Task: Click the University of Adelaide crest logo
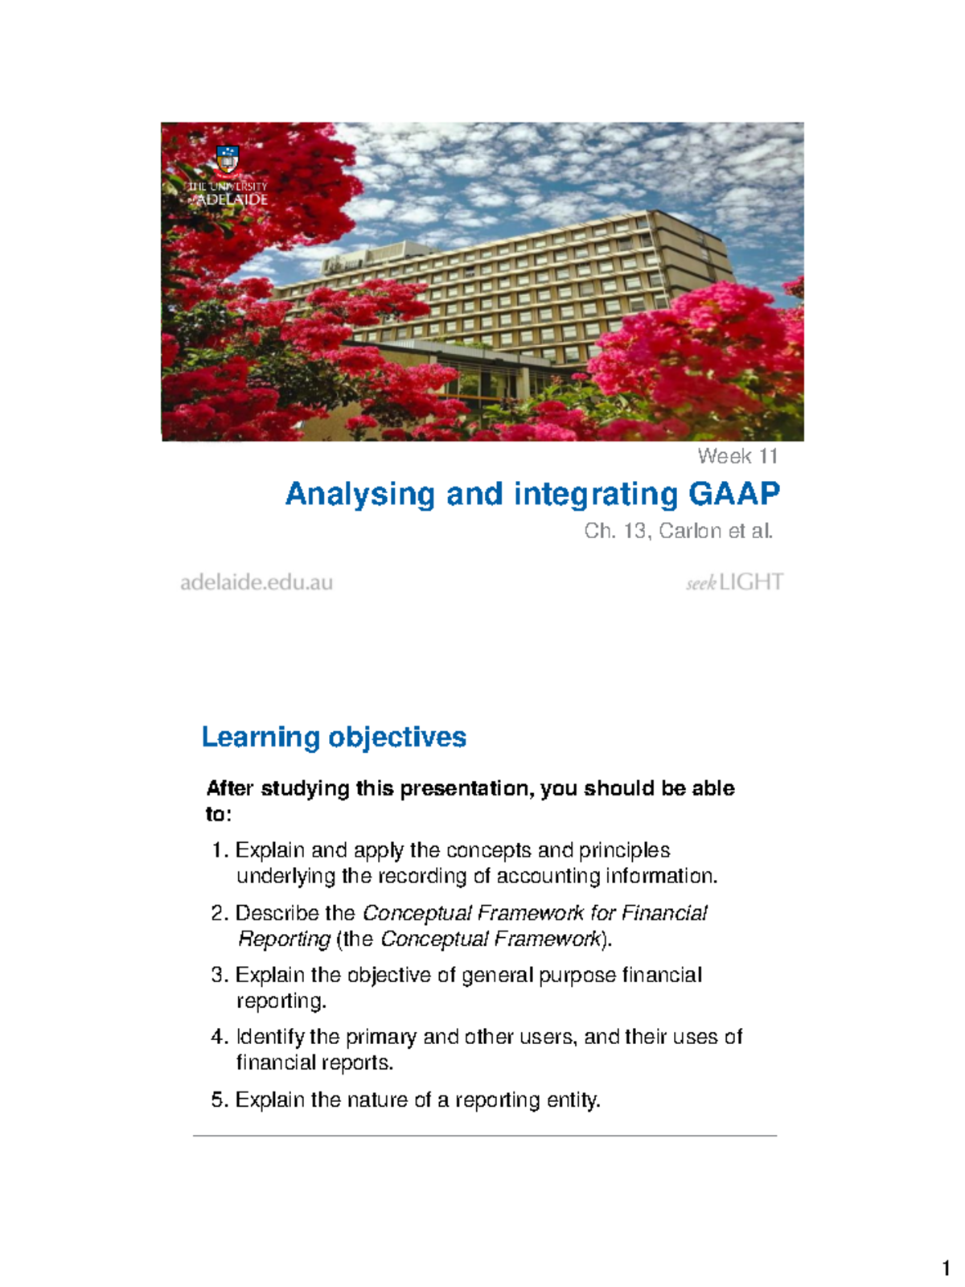click(x=228, y=159)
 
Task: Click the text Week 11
click(x=737, y=457)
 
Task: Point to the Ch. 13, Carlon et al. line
click(x=678, y=531)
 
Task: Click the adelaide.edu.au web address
click(x=257, y=582)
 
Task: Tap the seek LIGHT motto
click(x=733, y=582)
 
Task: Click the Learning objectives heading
click(x=334, y=737)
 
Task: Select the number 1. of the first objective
click(x=220, y=851)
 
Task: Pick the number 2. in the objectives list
click(x=220, y=914)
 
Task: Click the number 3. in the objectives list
click(x=220, y=976)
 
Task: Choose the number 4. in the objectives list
click(x=220, y=1038)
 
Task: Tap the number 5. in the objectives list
click(x=220, y=1100)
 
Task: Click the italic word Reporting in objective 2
click(x=284, y=940)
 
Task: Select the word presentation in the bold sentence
click(x=466, y=788)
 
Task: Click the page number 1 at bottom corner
click(x=946, y=1270)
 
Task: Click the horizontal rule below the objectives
click(x=484, y=1136)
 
